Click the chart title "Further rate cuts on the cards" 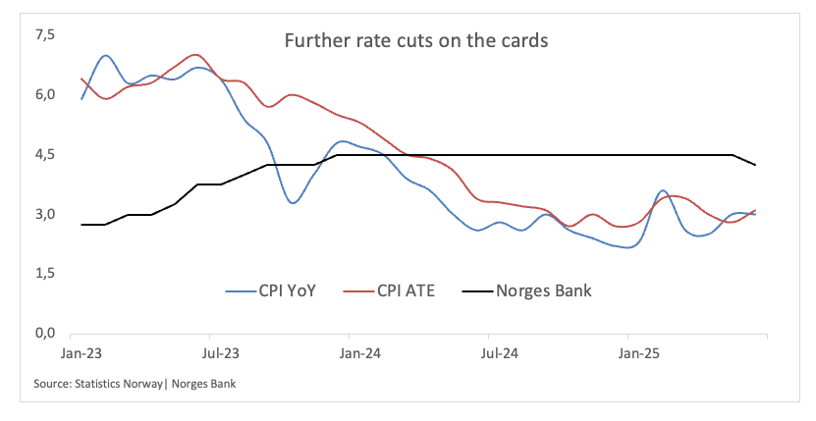coord(416,41)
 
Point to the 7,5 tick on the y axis coord(45,35)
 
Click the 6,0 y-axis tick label coord(45,95)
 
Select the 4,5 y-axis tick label coord(45,155)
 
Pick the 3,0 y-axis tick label coord(45,215)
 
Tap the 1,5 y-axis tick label coord(45,275)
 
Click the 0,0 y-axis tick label coord(45,335)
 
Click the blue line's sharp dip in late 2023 coord(293,202)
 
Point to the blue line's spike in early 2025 coord(663,190)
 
